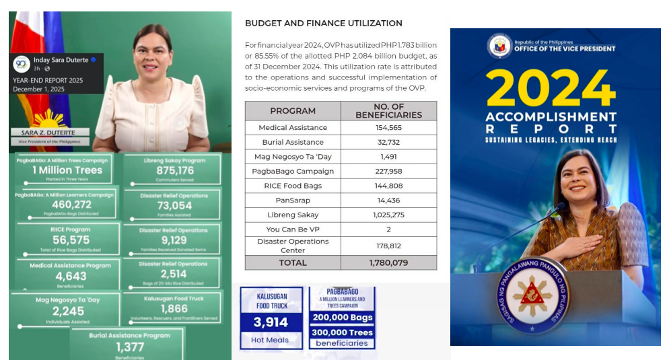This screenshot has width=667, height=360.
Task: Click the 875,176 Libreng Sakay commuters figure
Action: (x=175, y=171)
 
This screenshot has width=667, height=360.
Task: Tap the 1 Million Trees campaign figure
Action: (x=67, y=170)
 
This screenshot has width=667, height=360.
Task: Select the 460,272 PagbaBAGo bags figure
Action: (x=67, y=205)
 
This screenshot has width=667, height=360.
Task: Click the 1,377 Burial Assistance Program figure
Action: (x=130, y=347)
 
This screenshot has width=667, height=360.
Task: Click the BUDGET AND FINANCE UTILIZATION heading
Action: (x=323, y=24)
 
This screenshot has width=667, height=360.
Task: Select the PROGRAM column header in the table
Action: (x=293, y=111)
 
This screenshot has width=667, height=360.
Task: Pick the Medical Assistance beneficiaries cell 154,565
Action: (x=388, y=128)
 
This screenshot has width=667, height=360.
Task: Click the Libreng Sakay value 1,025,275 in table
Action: (x=388, y=215)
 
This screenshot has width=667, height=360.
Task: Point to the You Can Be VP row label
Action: (x=293, y=229)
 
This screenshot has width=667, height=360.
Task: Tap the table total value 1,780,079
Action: (x=388, y=263)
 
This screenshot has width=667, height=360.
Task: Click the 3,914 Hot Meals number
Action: (x=271, y=322)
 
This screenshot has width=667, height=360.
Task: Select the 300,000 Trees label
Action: (x=342, y=332)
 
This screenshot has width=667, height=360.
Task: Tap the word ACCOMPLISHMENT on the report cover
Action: (x=551, y=117)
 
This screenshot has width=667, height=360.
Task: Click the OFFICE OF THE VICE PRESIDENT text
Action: (x=564, y=48)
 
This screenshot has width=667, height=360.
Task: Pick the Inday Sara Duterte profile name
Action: (x=61, y=60)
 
